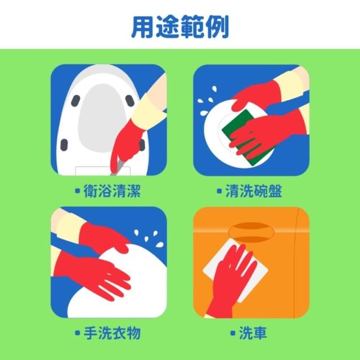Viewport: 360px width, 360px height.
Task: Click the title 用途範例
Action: coord(180,26)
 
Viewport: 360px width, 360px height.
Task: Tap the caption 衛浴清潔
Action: coord(112,191)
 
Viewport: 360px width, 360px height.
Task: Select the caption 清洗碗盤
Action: coord(254,191)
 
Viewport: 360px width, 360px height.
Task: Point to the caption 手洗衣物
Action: coord(112,333)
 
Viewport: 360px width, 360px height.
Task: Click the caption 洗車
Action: coord(253,333)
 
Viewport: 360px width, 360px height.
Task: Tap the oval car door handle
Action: coord(251,232)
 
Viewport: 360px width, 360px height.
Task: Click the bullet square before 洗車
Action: coord(233,333)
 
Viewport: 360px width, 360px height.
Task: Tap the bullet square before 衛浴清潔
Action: coord(78,191)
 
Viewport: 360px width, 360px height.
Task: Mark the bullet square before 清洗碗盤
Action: coord(219,191)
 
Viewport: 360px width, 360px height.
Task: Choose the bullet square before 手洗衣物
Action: coord(78,333)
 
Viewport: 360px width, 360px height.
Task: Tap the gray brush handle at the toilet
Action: coord(118,167)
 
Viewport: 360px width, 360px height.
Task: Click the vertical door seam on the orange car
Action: coord(295,262)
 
